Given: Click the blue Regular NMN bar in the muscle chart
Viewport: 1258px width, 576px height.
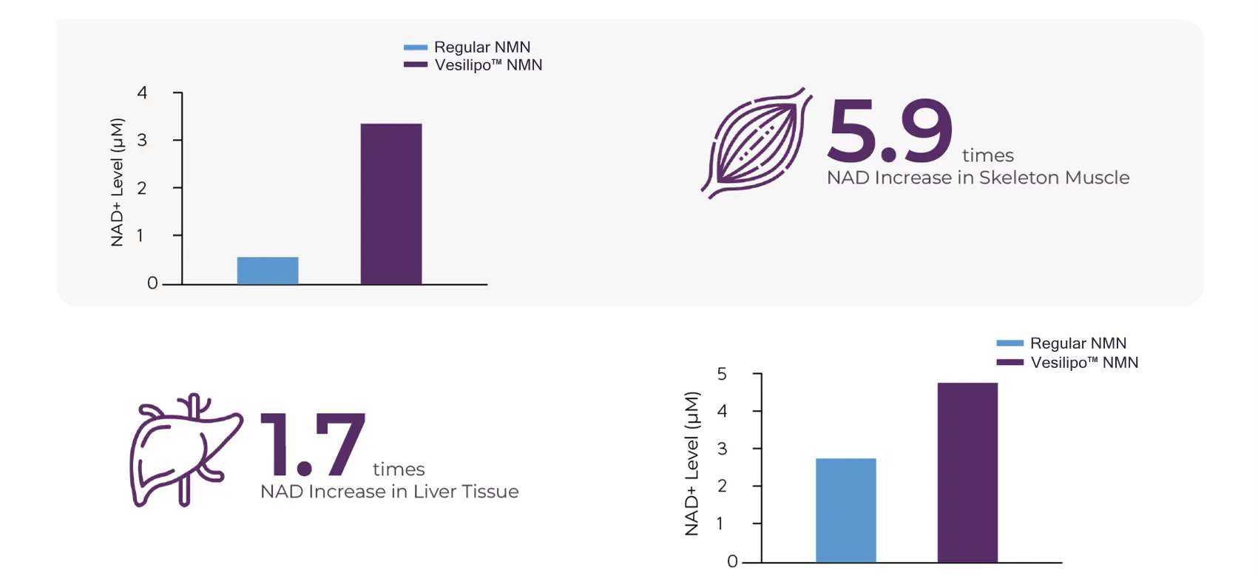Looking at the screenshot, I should click(268, 271).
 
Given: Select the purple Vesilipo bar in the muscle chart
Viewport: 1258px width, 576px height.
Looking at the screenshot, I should click(391, 204).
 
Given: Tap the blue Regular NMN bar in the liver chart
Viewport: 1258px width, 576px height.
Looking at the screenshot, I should click(846, 510).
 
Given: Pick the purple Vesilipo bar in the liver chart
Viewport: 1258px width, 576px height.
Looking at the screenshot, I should click(967, 472).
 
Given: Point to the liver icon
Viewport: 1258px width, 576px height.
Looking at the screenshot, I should click(186, 450).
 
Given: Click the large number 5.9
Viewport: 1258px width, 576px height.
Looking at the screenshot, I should click(890, 131).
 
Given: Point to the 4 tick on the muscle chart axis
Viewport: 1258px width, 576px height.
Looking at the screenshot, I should click(143, 93).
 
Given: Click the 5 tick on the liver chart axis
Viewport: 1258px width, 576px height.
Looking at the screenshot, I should click(722, 374).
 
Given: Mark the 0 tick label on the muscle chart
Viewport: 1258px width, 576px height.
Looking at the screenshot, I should click(152, 283).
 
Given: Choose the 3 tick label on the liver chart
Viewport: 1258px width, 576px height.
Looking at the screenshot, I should click(722, 449).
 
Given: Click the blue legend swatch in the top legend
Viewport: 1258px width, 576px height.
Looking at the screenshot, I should click(416, 47).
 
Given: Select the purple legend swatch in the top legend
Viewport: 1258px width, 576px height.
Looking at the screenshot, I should click(416, 65).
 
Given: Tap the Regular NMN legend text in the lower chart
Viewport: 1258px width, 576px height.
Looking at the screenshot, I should click(1078, 344).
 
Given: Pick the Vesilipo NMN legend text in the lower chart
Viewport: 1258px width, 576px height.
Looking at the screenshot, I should click(1084, 363).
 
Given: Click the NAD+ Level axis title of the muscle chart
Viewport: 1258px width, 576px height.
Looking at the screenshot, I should click(117, 182).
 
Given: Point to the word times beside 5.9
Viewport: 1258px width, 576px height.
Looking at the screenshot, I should click(987, 155).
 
